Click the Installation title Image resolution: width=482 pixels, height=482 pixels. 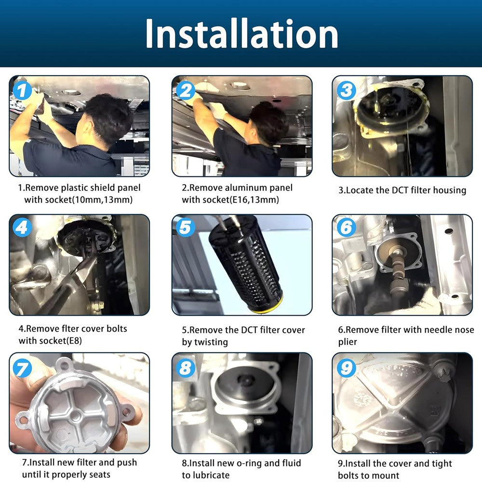[x=241, y=33]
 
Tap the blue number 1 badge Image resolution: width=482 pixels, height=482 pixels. [x=22, y=91]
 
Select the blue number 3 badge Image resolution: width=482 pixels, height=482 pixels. [x=347, y=91]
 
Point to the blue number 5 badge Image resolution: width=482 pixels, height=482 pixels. [x=186, y=228]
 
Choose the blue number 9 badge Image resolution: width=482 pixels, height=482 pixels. [x=347, y=368]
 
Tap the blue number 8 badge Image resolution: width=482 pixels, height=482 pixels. [x=186, y=368]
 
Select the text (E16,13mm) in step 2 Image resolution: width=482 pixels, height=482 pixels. [x=254, y=200]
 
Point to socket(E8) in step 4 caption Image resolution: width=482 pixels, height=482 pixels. [x=51, y=341]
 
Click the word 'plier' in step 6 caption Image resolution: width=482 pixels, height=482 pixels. [x=348, y=342]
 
